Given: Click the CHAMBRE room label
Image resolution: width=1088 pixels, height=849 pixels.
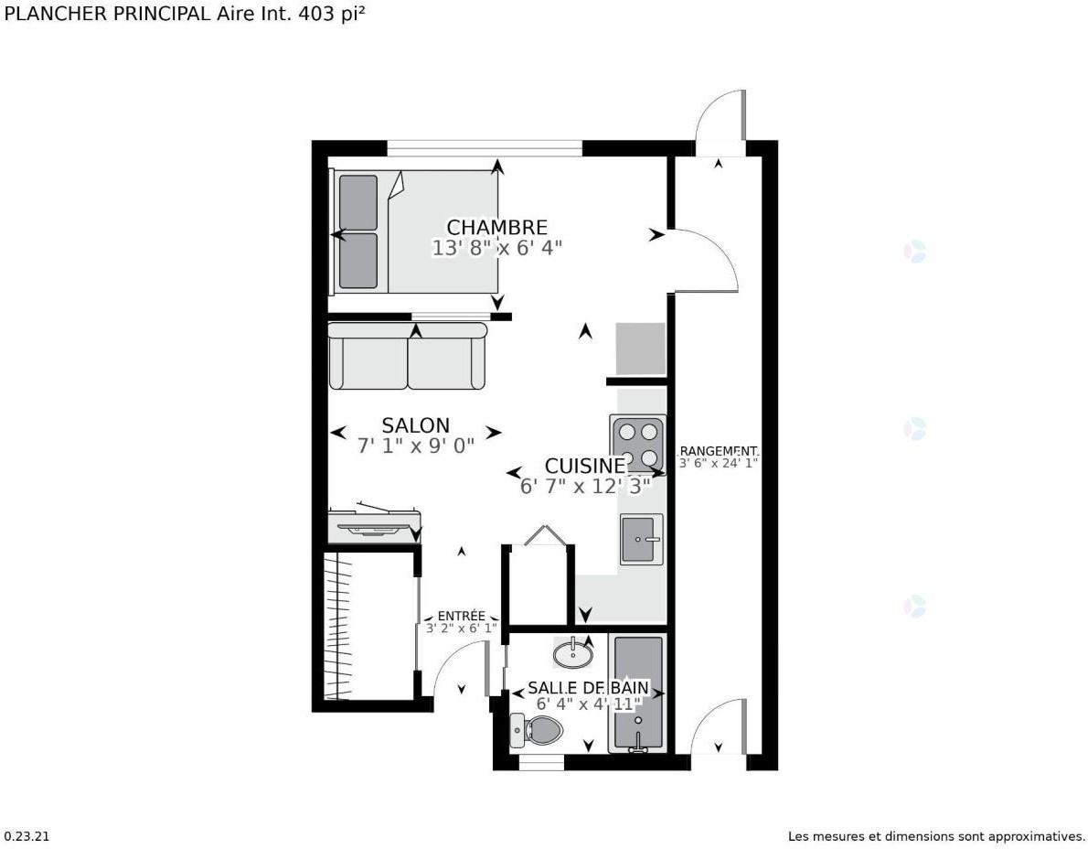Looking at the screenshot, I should click(496, 227).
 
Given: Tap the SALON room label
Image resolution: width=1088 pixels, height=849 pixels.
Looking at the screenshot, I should click(415, 425).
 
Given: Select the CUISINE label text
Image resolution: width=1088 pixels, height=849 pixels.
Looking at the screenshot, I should click(585, 466).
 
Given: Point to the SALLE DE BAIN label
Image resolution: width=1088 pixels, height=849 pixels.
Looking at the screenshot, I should click(588, 687).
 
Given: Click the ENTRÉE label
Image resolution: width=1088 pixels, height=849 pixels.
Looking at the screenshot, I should click(461, 616).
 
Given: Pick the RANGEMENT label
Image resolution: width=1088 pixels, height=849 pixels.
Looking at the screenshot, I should click(719, 451).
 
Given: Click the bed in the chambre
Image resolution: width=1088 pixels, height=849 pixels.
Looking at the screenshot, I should click(414, 231).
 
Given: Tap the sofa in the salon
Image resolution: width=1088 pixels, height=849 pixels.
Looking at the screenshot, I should click(408, 357).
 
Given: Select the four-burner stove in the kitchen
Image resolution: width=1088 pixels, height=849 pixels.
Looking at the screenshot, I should click(637, 444).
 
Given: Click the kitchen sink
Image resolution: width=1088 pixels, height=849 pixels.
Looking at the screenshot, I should click(640, 539).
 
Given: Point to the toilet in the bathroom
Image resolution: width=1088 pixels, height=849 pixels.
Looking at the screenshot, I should click(538, 730).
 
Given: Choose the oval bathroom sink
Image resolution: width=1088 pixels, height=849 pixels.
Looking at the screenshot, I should click(573, 654).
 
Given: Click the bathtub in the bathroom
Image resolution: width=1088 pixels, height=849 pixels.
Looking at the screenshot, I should click(637, 693).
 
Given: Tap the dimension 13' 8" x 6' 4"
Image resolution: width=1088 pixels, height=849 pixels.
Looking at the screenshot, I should click(496, 247).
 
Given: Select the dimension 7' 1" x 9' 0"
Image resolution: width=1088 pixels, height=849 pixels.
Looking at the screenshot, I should click(415, 446).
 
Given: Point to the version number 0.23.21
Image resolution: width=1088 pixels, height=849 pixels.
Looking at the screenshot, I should click(27, 836).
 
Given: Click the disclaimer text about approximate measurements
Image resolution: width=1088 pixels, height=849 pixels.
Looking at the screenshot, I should click(936, 836).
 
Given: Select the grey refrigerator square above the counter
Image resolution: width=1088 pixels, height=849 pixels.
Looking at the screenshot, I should click(640, 349).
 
